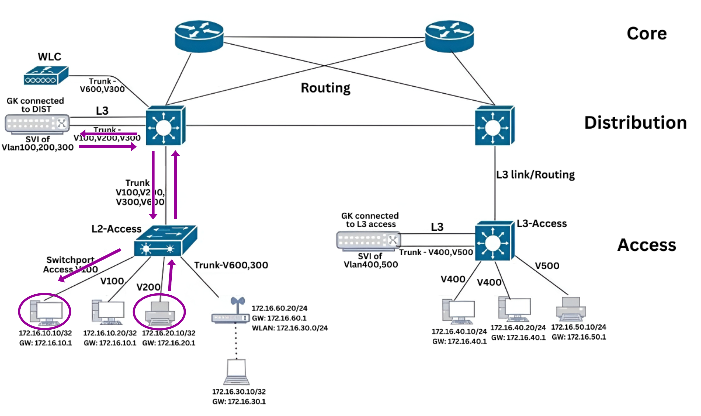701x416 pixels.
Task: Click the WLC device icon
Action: [46, 76]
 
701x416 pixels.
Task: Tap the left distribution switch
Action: [165, 126]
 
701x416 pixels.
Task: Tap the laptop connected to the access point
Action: [236, 372]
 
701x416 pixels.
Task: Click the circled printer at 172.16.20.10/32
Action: [160, 313]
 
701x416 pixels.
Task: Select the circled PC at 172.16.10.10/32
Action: [46, 312]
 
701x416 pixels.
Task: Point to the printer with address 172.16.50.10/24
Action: [571, 309]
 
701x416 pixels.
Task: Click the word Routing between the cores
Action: [325, 88]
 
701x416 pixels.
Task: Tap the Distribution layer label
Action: [635, 123]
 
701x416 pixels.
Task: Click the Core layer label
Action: [647, 33]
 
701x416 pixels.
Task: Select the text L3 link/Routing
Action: [535, 175]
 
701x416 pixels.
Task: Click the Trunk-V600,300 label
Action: [231, 265]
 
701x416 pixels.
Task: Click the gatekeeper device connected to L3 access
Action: [368, 240]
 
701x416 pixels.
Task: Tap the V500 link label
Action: [547, 266]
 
